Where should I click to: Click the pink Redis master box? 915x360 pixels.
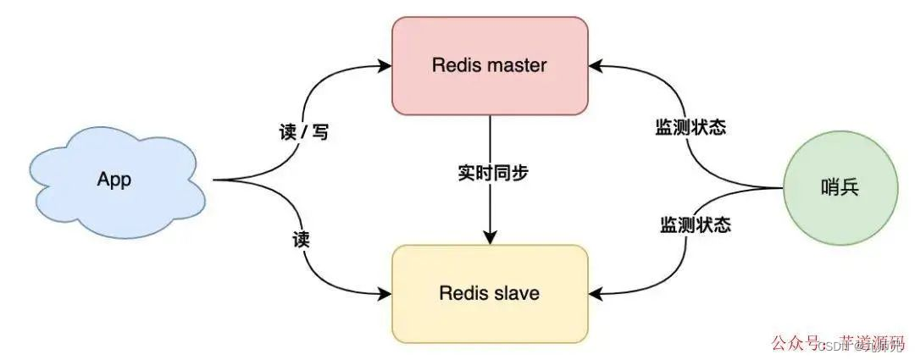(x=490, y=65)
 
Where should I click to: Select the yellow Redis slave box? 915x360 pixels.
(x=490, y=294)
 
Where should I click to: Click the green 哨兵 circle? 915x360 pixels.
(x=840, y=188)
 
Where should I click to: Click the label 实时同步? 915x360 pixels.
(x=490, y=173)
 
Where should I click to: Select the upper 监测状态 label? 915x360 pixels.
(x=690, y=129)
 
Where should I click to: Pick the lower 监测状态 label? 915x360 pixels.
(x=696, y=225)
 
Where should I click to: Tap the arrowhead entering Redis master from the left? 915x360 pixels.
(x=386, y=64)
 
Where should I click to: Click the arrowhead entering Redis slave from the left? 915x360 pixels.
(x=386, y=294)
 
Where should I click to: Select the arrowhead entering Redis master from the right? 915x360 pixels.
(x=595, y=64)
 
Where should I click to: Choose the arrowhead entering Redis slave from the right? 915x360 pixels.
(x=595, y=294)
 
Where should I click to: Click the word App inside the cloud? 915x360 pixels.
(x=114, y=180)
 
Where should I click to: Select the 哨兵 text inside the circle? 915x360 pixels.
(x=840, y=188)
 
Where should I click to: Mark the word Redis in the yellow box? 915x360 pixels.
(x=462, y=294)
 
